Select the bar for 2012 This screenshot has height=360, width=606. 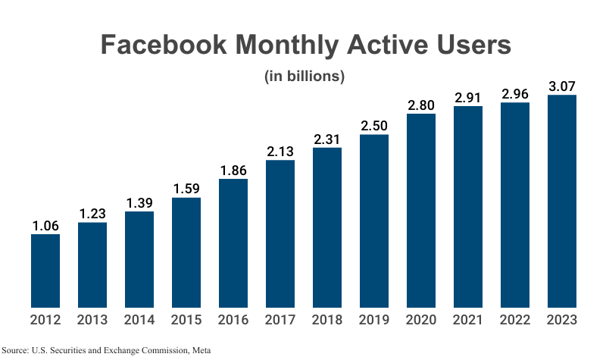[x=45, y=271]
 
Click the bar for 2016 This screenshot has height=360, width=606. [x=233, y=243]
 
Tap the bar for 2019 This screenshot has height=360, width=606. [x=374, y=221]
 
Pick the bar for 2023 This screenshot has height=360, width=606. [x=562, y=201]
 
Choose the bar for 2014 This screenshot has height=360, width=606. [x=139, y=259]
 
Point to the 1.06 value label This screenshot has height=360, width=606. [x=45, y=225]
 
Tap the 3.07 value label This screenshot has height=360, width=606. [x=562, y=86]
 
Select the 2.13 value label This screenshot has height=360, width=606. [x=280, y=152]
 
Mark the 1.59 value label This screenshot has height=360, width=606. [x=186, y=189]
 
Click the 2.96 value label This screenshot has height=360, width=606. [x=515, y=94]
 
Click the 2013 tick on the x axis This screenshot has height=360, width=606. [x=92, y=320]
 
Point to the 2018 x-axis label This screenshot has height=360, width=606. [x=327, y=320]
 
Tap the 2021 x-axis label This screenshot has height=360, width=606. [x=468, y=320]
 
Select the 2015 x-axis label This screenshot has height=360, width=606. [x=186, y=320]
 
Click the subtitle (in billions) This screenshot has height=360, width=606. [x=305, y=76]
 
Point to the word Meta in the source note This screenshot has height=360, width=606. [x=201, y=350]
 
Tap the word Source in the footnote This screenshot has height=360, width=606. [x=14, y=350]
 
